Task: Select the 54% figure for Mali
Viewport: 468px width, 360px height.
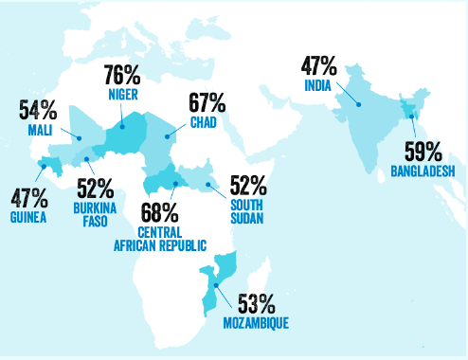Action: click(x=37, y=109)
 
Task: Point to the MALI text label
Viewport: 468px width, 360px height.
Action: click(x=38, y=129)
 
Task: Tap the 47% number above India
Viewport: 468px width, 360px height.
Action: click(x=319, y=66)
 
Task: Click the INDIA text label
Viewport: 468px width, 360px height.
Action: click(x=319, y=86)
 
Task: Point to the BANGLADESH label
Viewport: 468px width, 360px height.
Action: click(x=423, y=171)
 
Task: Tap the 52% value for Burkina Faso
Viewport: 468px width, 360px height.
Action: click(x=95, y=188)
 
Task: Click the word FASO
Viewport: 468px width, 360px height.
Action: click(x=95, y=222)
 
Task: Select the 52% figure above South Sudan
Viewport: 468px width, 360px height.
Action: click(x=244, y=186)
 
